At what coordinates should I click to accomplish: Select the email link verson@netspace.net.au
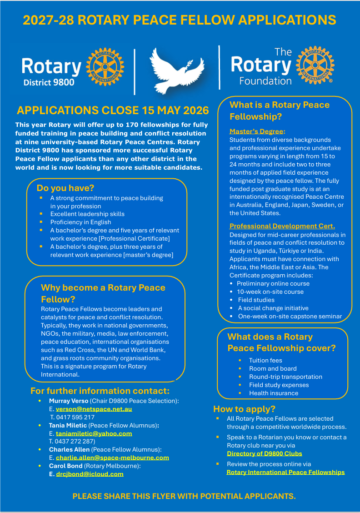(94, 409)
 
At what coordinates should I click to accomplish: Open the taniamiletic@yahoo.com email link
(94, 433)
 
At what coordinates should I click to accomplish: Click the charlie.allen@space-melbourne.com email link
(112, 458)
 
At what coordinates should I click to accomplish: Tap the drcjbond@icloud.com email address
(90, 474)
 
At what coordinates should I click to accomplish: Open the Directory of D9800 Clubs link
(265, 453)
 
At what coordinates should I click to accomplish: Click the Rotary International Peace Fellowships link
(285, 472)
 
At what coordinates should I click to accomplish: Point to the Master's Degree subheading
(257, 131)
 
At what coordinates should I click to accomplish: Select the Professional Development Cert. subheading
(282, 226)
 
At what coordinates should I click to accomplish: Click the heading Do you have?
(65, 188)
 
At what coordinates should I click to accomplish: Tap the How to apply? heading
(244, 409)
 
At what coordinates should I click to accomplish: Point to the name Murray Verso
(69, 401)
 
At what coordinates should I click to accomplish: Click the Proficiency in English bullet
(80, 222)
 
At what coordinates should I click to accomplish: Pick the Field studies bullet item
(256, 300)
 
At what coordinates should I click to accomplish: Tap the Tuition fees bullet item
(265, 360)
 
